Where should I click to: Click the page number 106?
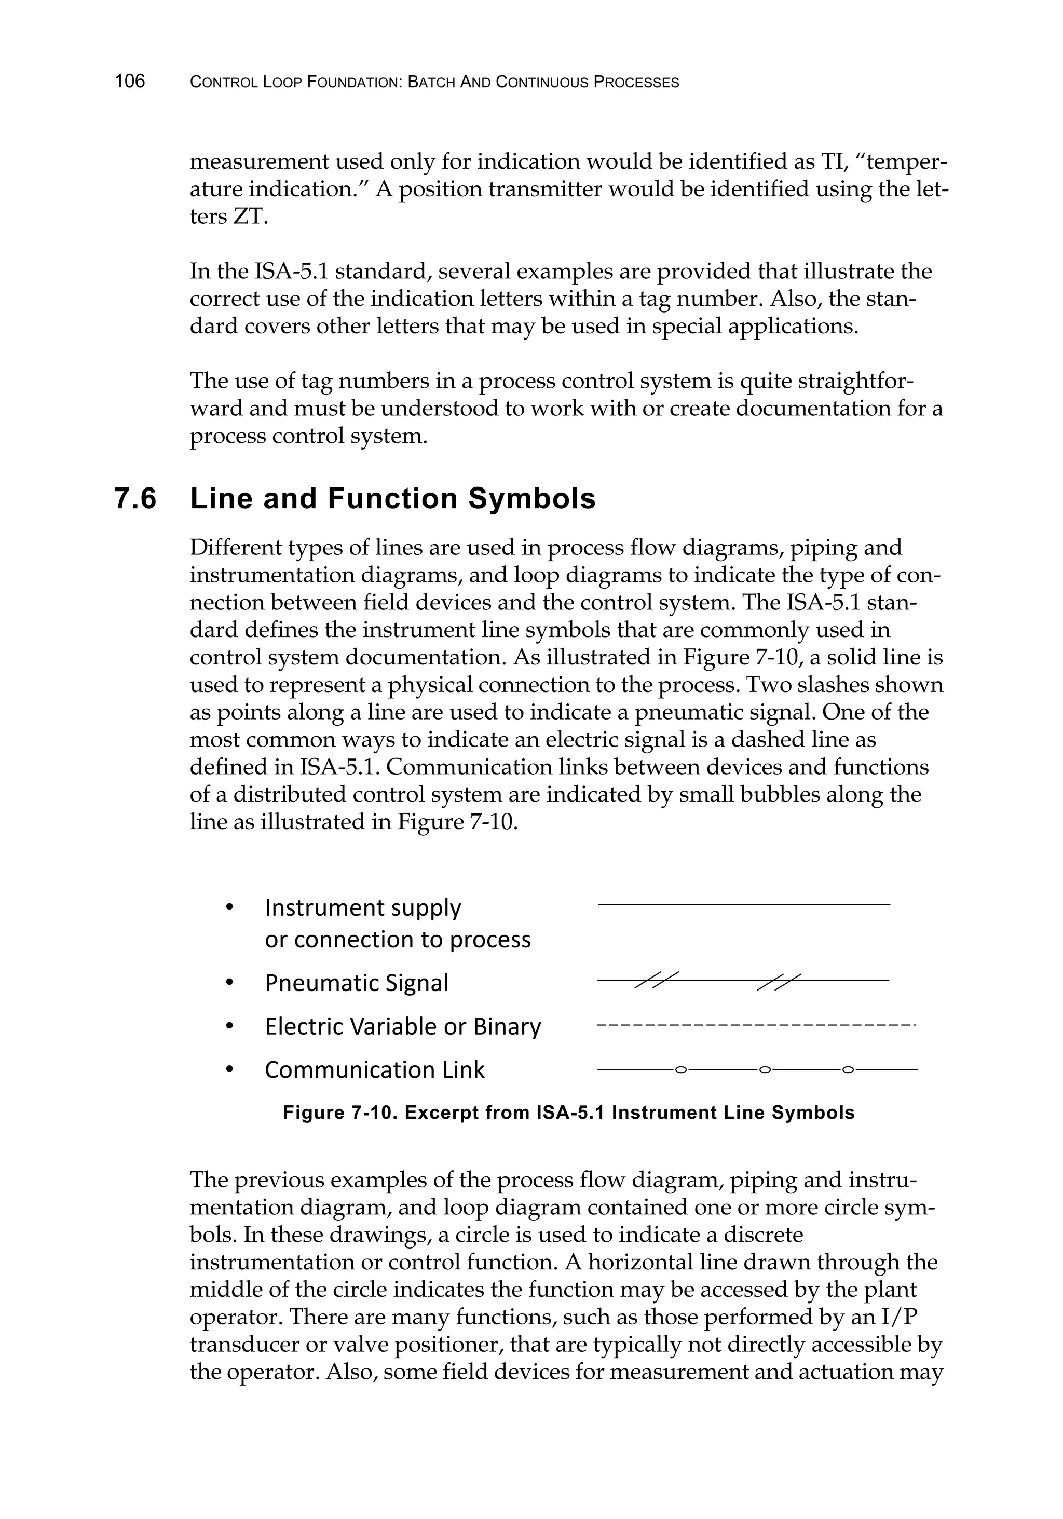[130, 82]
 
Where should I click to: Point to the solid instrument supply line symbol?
[743, 904]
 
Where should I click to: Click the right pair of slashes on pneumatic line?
[779, 981]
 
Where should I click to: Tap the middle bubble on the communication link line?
[765, 1069]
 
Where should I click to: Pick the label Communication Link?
[374, 1070]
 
